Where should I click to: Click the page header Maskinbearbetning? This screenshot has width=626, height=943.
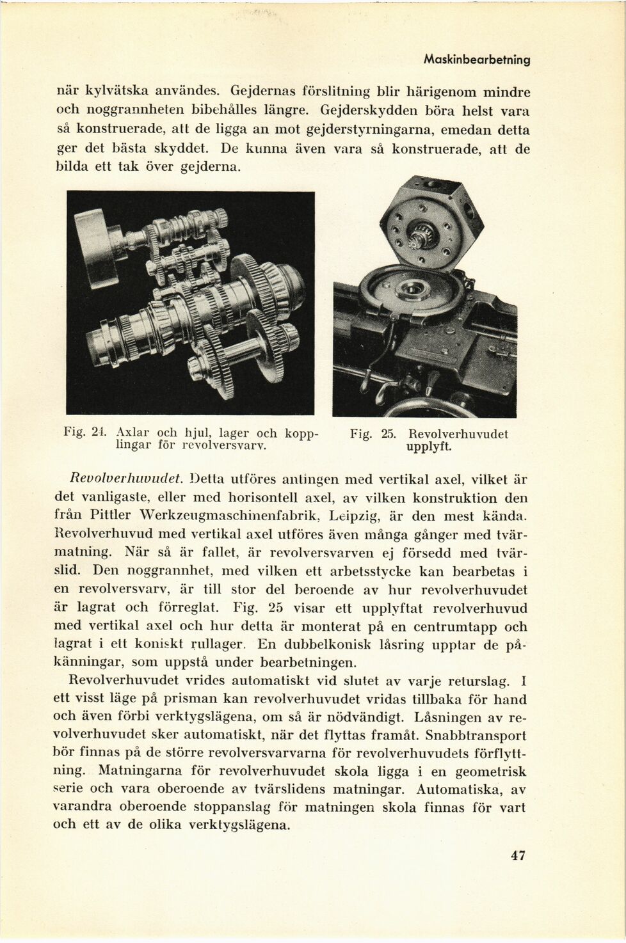point(476,60)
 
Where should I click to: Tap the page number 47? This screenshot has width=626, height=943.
point(518,855)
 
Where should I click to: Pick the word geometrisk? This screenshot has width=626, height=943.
point(490,771)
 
